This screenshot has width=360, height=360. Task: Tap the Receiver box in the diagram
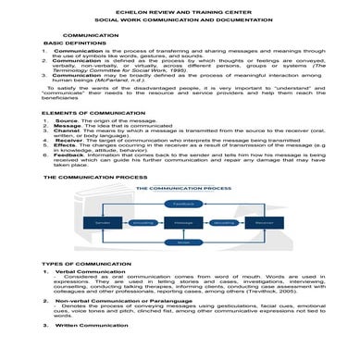[263, 222]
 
